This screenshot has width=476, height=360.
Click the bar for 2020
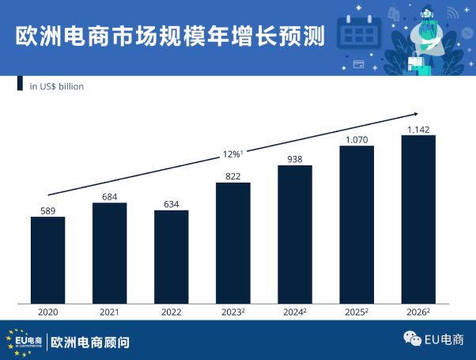click(47, 260)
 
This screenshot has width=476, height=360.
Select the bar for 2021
click(109, 252)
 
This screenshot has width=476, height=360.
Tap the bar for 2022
click(171, 256)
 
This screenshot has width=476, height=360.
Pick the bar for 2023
click(232, 242)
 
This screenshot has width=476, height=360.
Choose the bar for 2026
click(417, 219)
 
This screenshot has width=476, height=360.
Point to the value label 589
click(47, 210)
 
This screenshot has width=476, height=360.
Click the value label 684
click(109, 196)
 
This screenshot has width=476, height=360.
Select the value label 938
click(294, 158)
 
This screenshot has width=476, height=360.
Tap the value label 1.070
click(356, 139)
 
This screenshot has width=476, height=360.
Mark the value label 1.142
click(417, 129)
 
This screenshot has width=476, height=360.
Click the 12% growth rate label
click(232, 153)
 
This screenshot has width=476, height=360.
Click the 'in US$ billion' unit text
click(56, 86)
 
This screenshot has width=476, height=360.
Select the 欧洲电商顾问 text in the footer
click(89, 343)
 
